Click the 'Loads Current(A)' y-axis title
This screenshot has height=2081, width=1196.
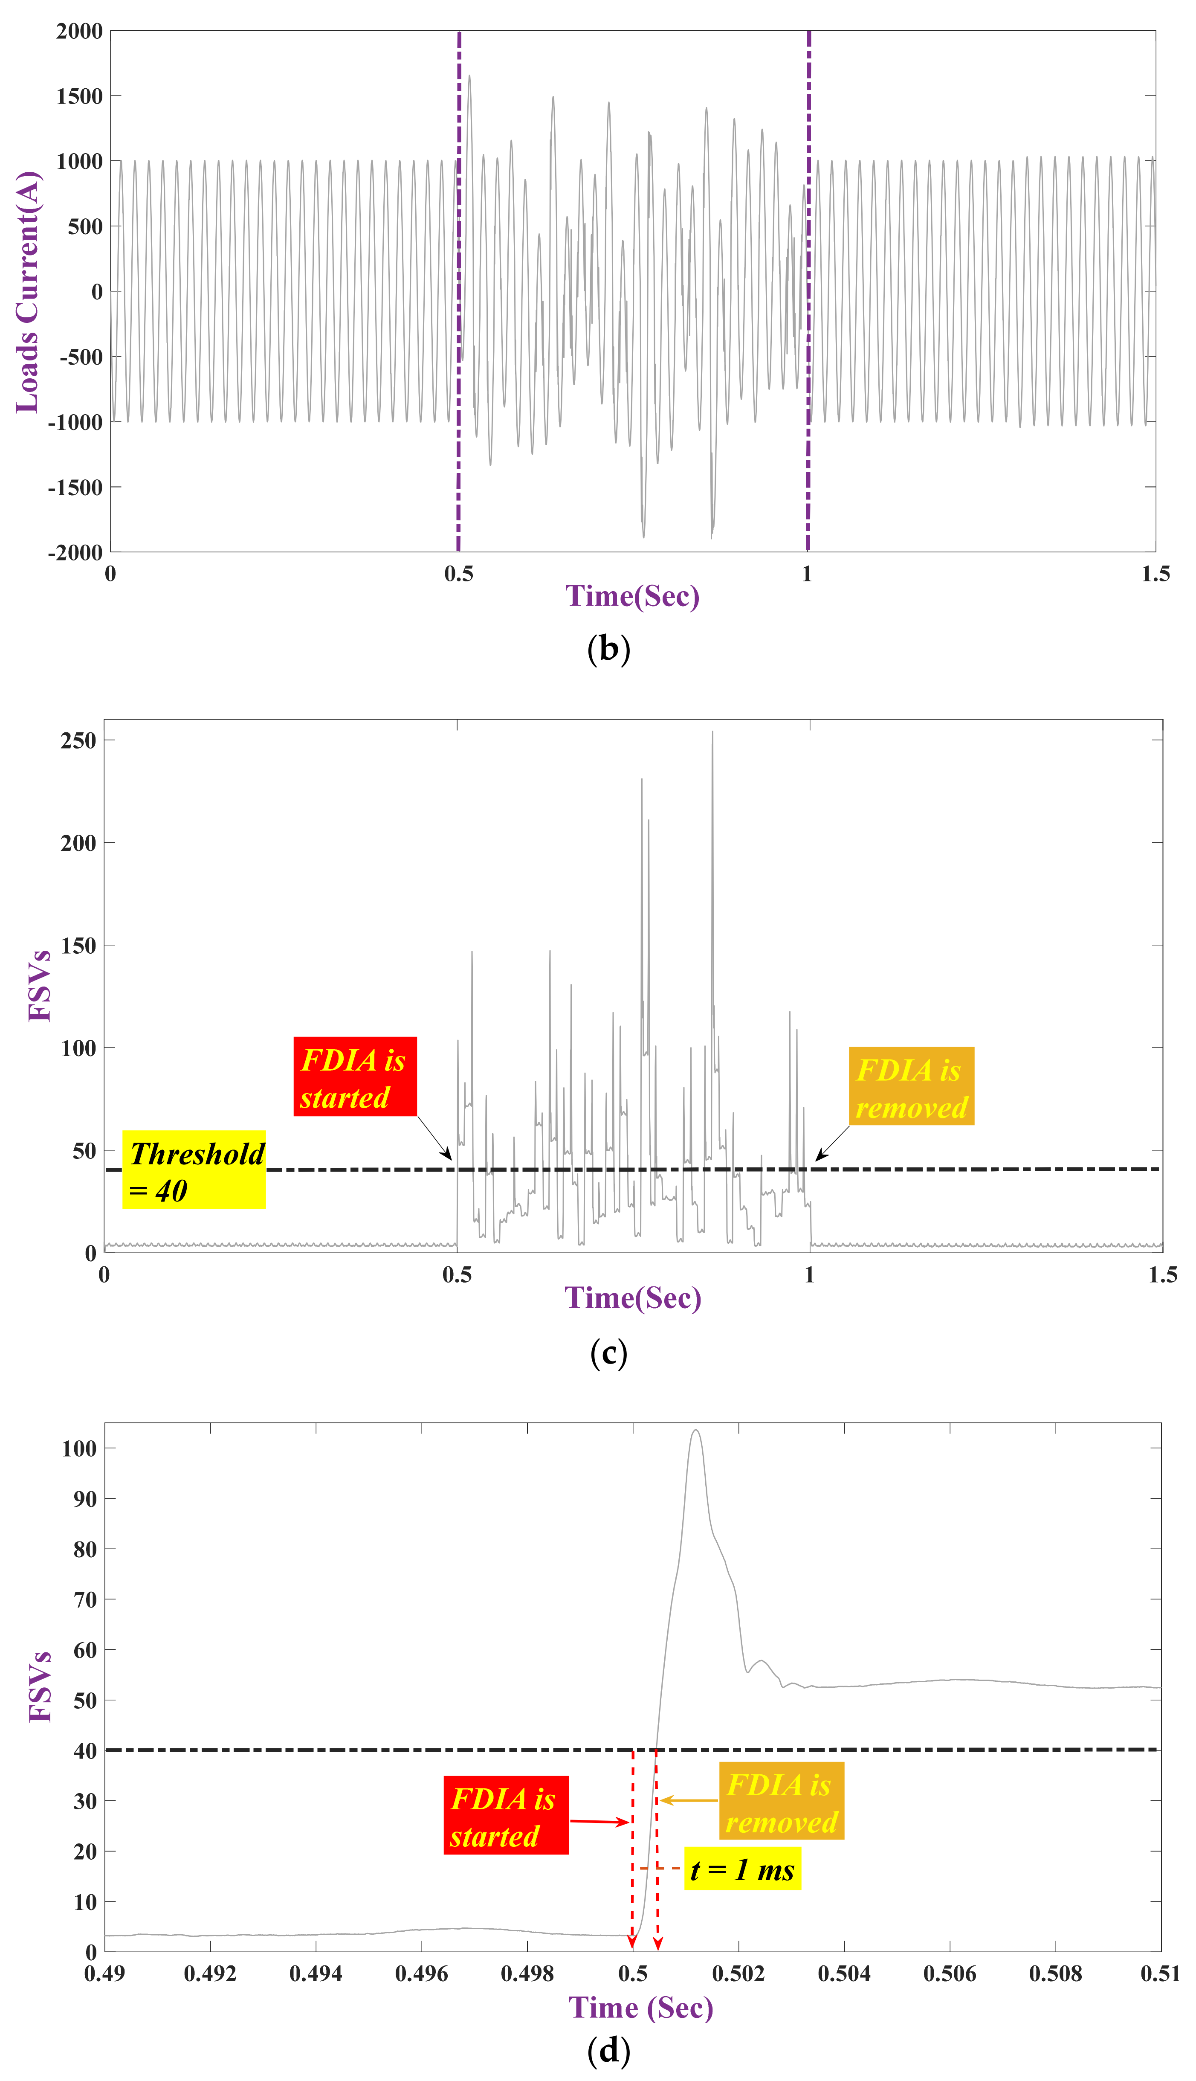coord(28,292)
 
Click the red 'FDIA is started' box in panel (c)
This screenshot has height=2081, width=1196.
coord(355,1076)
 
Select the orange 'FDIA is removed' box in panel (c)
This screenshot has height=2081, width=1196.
coord(911,1086)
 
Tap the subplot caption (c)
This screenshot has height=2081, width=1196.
coord(609,1353)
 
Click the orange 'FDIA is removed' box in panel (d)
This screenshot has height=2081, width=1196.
coord(781,1801)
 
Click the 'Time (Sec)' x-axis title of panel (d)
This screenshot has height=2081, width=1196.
coord(641,2007)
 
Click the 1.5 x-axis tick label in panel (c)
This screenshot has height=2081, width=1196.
coord(1161,1275)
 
